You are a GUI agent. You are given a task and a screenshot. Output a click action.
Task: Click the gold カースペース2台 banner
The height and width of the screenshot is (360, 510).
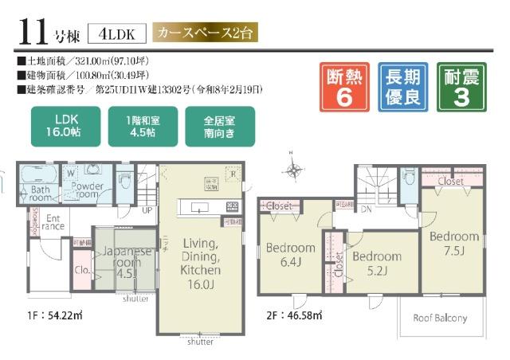point(206,33)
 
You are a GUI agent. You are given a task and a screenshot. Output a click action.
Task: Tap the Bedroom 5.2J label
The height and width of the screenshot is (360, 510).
point(376,263)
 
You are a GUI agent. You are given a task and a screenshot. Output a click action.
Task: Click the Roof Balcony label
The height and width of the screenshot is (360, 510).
point(440,319)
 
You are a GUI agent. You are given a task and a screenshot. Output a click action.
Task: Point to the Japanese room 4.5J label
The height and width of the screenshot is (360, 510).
point(121,261)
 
